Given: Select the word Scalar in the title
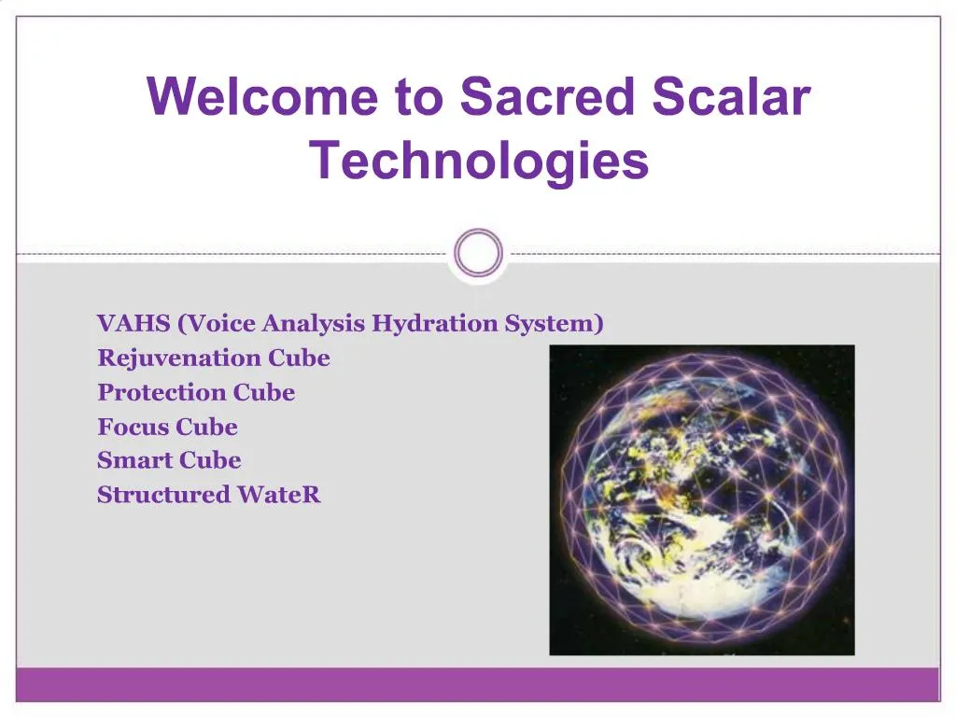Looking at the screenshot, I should click(732, 97).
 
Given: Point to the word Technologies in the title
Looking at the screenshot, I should click(479, 160).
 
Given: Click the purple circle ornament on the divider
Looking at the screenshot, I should click(478, 253).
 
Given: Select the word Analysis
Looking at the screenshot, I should click(314, 324).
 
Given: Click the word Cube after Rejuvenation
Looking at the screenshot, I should click(299, 358).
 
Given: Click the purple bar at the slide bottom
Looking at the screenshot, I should click(478, 684).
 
